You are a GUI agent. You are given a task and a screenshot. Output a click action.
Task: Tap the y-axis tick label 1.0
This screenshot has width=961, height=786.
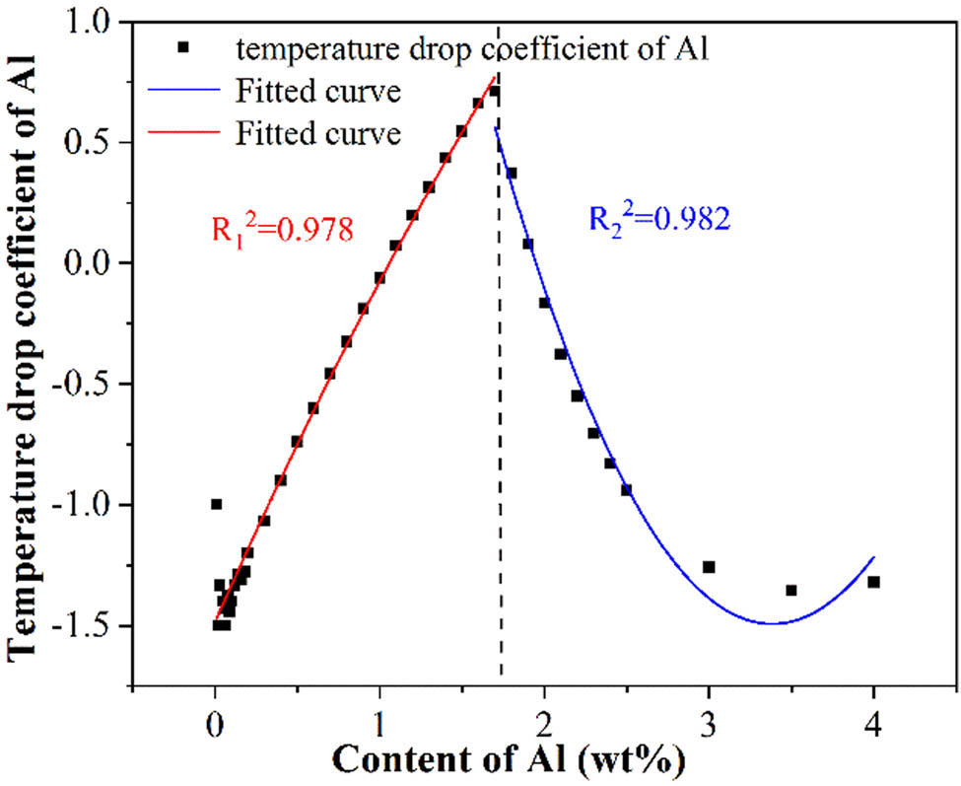pos(96,23)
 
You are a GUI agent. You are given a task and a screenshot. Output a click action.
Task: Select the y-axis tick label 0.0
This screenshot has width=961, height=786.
pos(96,264)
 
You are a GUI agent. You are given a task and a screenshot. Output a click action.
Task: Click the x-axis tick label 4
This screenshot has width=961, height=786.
pos(873,731)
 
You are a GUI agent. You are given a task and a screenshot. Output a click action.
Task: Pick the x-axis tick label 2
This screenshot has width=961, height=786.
pos(544,731)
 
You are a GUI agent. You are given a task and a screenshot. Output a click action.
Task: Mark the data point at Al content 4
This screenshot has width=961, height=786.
pos(873,582)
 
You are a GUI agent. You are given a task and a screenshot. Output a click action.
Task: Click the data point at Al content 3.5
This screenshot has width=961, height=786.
pos(790,590)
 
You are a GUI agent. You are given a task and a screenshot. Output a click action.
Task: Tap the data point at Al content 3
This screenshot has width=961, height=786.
pos(709,567)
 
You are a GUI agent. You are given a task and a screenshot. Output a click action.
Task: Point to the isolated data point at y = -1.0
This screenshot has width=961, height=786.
pos(216,504)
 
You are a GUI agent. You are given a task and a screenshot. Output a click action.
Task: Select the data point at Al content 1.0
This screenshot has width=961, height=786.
pos(379,278)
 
